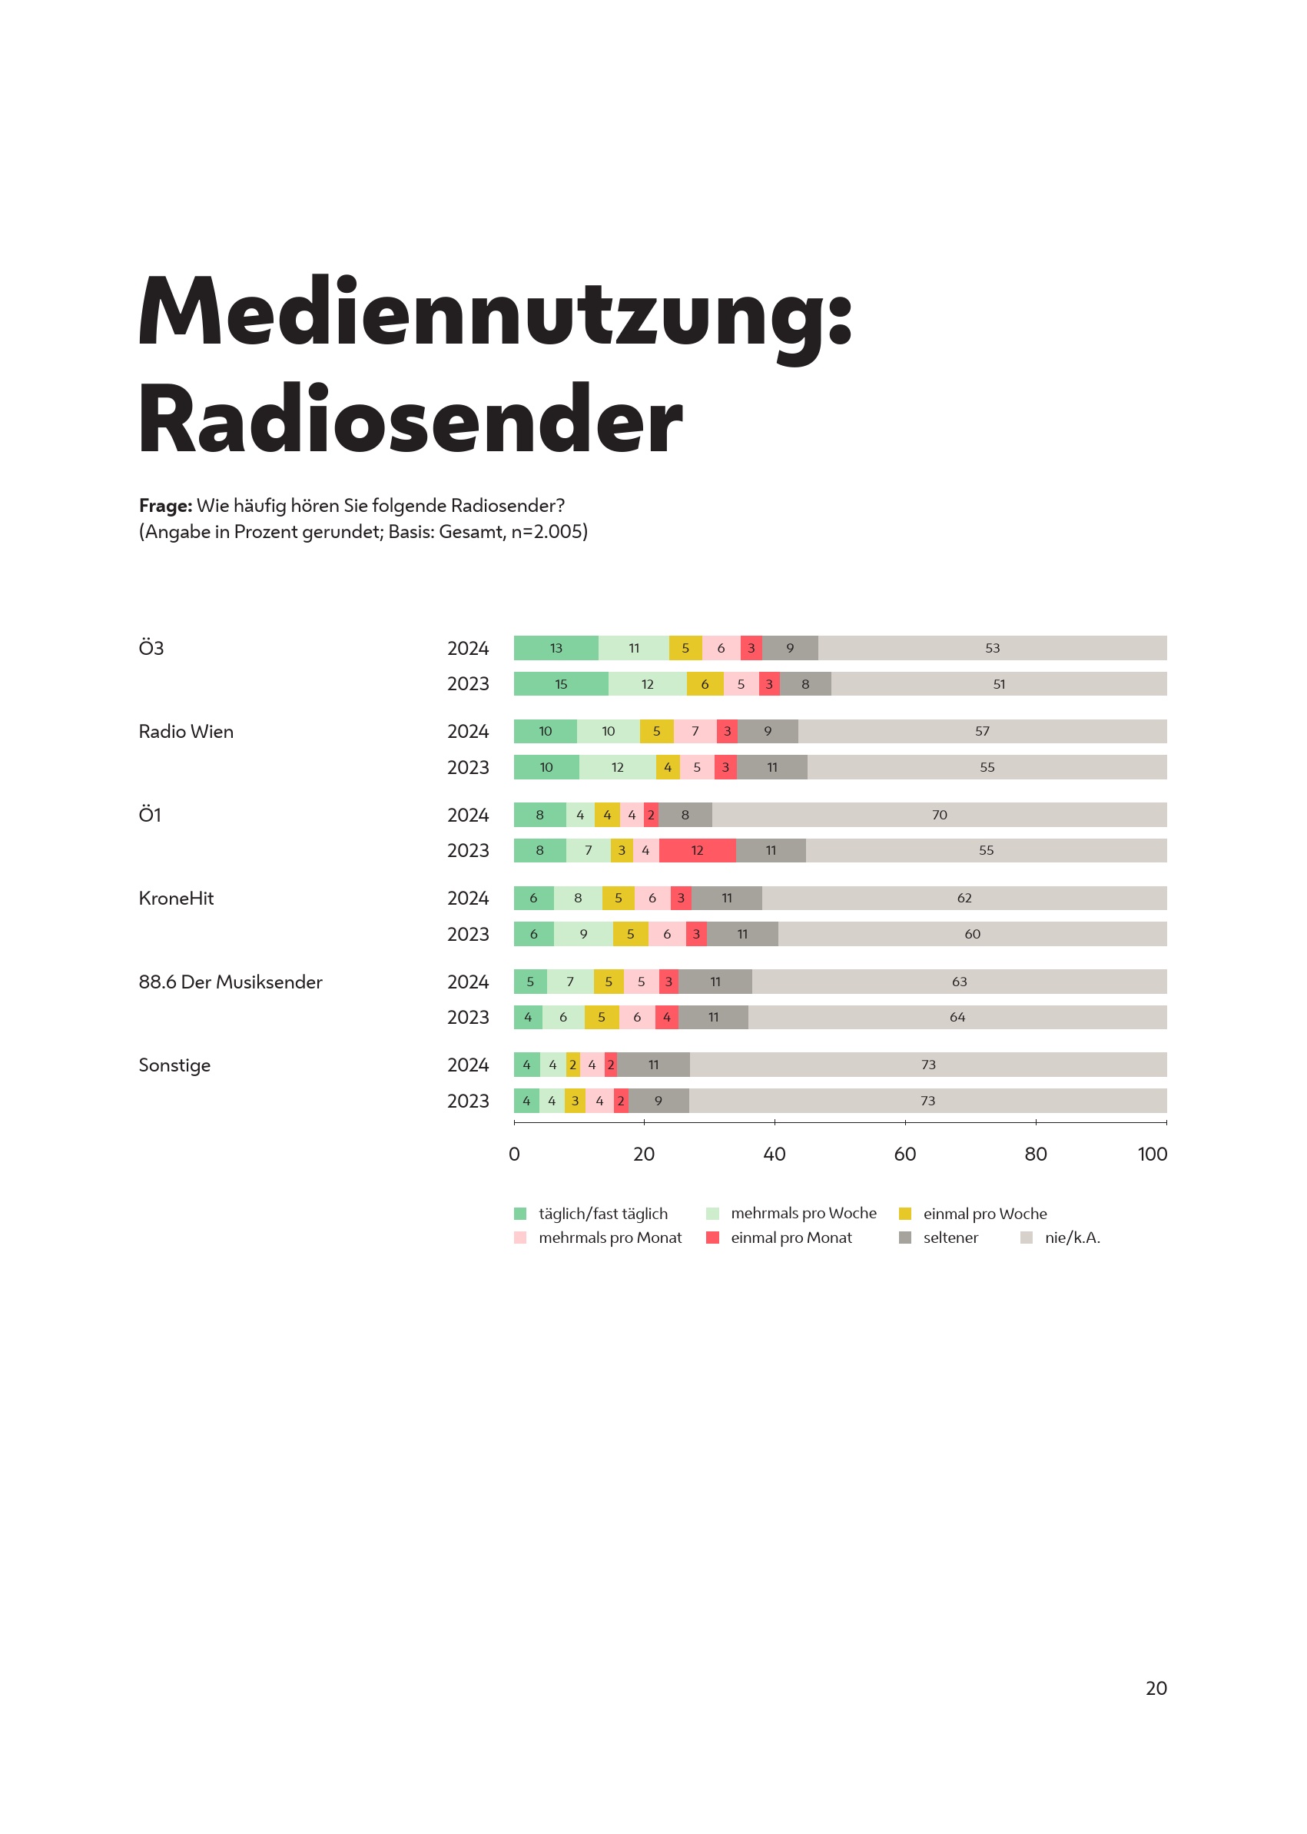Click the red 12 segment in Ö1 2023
point(697,850)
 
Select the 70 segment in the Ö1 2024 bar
point(939,815)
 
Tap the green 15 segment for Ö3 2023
point(561,683)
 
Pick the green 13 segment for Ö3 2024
point(556,648)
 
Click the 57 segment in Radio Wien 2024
point(982,731)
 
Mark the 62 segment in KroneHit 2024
point(964,898)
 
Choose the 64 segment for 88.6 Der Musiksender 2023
point(957,1017)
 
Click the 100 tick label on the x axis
point(1152,1154)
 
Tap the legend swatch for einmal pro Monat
point(712,1238)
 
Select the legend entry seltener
point(950,1238)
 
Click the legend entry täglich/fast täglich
point(603,1213)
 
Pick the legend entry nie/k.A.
point(1072,1238)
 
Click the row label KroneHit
point(176,898)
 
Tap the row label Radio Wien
point(186,731)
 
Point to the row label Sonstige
point(174,1065)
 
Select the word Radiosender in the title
point(410,420)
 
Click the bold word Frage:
point(165,506)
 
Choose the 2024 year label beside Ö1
point(468,815)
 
